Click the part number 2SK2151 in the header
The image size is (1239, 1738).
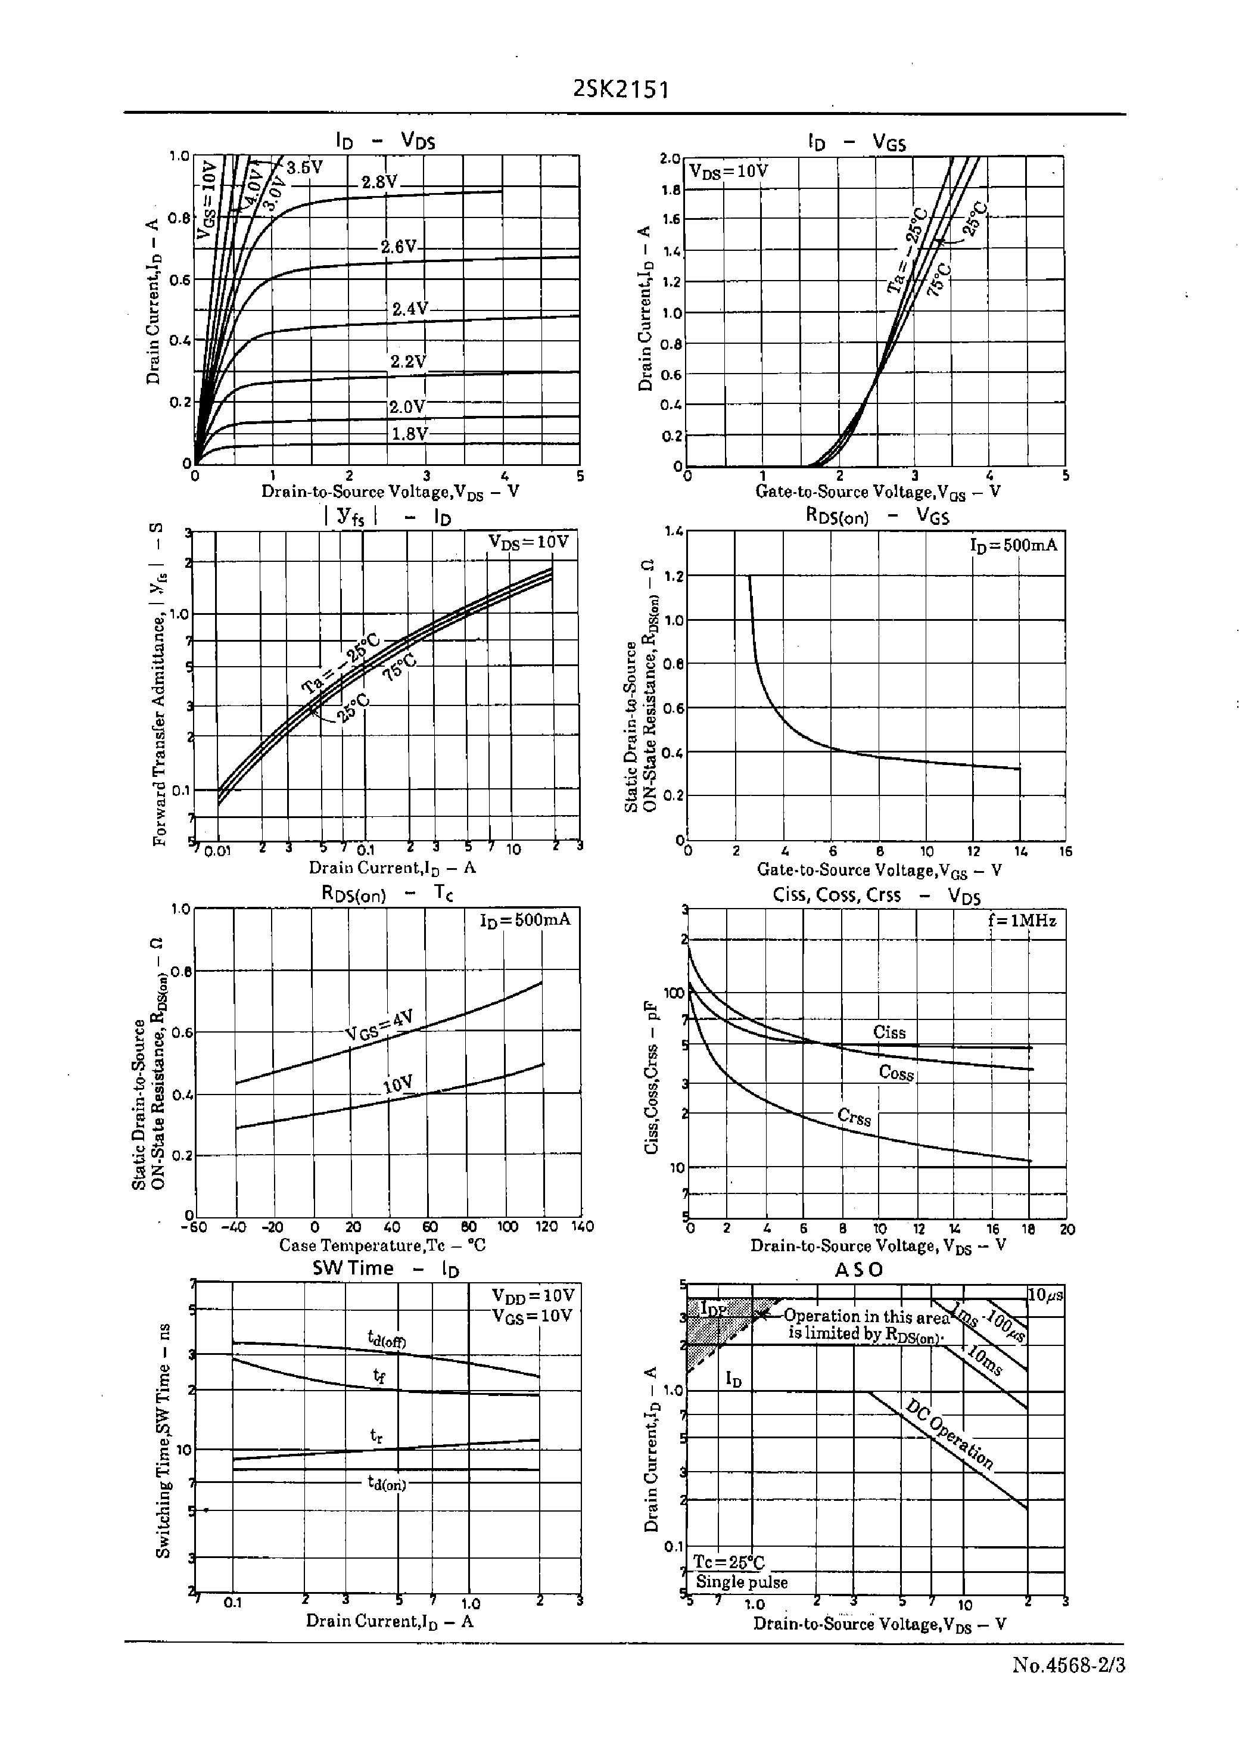pos(620,90)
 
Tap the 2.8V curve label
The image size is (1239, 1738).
pos(379,182)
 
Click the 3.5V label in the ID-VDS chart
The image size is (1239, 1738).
pos(304,167)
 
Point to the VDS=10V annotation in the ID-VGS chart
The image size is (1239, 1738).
pos(729,171)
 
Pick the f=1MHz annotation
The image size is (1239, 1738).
pos(1022,921)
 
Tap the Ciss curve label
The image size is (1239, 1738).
pos(889,1033)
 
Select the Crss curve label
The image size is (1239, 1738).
pos(854,1117)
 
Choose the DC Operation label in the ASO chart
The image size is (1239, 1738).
pos(950,1434)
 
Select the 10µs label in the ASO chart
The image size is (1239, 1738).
pos(1045,1295)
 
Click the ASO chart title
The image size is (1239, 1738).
pos(858,1270)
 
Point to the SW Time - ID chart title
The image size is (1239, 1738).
pos(386,1268)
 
